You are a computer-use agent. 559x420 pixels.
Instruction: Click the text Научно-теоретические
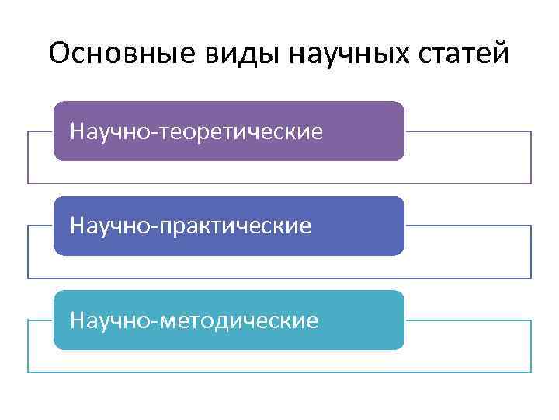(x=196, y=131)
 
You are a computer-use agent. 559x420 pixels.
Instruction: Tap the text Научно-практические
(x=190, y=226)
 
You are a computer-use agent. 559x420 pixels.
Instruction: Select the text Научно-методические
(x=193, y=320)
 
